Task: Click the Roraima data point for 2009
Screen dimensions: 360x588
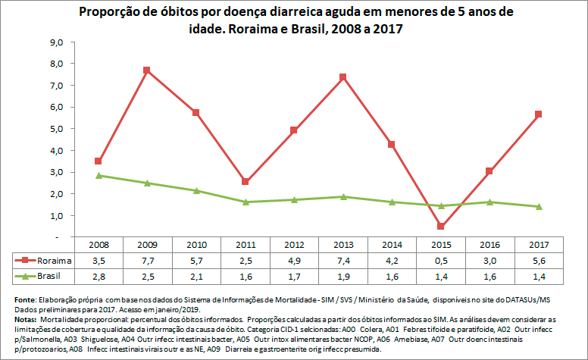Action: pos(147,70)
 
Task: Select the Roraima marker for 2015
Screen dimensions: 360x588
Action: pos(441,226)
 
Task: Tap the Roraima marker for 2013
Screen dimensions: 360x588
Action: pos(342,77)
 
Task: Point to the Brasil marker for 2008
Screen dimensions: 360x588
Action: pos(98,175)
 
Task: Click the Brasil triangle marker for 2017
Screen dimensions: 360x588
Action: pos(539,206)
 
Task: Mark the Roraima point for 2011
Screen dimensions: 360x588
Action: pos(245,182)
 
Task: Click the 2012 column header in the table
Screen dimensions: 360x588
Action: pos(294,246)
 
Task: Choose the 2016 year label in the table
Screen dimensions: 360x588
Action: pos(489,246)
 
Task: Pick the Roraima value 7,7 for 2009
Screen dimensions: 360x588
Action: pos(147,260)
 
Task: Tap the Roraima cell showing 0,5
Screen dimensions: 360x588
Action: pos(441,260)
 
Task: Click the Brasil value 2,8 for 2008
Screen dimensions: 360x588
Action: pos(98,274)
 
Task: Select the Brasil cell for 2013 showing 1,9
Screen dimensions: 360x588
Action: pos(342,274)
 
